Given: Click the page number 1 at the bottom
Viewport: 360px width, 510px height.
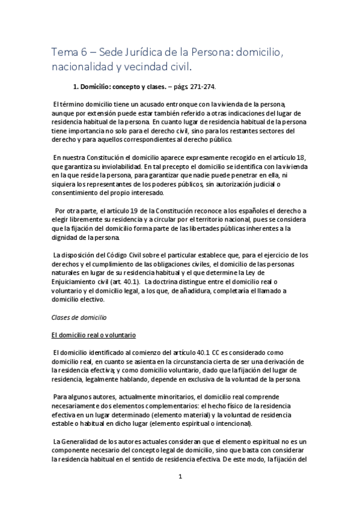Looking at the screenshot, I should point(180,478).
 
